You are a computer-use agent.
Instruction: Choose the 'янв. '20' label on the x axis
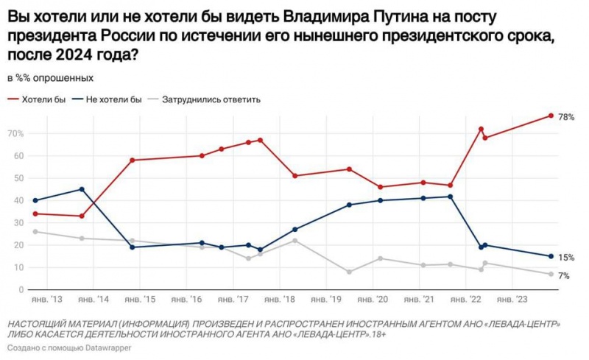[374, 300]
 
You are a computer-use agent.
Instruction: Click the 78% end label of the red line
[566, 117]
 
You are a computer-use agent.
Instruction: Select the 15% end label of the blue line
[566, 258]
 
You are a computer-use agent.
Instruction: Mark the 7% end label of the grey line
[565, 275]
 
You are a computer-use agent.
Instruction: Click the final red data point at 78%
[551, 116]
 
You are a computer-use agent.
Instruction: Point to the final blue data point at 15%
[551, 256]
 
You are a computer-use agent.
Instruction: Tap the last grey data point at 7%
[551, 275]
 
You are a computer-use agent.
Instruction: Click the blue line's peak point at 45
[81, 189]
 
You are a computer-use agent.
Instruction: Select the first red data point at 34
[35, 213]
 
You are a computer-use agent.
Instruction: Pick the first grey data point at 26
[35, 232]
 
